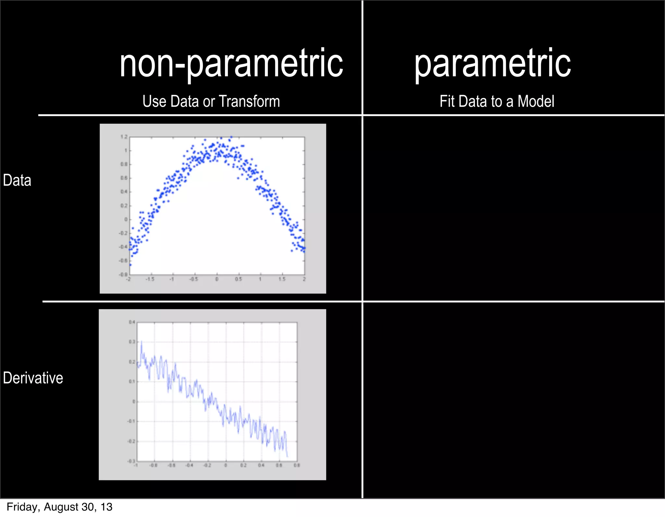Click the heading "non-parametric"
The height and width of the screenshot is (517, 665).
[231, 63]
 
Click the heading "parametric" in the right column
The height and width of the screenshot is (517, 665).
[492, 63]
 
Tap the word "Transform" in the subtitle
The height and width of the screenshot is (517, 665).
[249, 101]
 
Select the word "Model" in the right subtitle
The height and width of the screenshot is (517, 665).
[536, 101]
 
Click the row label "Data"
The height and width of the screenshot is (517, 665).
[17, 180]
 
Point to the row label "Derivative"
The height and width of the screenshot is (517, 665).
[33, 378]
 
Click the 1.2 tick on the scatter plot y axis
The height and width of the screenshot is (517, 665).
[124, 137]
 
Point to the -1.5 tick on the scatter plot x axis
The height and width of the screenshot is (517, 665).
[150, 279]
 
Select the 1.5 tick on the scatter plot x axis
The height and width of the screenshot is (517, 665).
[282, 279]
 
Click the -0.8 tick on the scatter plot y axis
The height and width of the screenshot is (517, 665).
[123, 274]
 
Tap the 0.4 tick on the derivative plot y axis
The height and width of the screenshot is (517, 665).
[132, 322]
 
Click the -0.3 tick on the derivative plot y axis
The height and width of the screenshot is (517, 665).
[131, 461]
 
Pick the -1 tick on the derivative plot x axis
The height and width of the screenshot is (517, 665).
[136, 465]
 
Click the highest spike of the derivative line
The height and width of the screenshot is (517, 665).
[142, 341]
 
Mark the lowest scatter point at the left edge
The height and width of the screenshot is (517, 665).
[130, 265]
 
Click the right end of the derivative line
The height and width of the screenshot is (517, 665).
[287, 456]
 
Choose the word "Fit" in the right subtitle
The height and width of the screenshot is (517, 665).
[447, 101]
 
